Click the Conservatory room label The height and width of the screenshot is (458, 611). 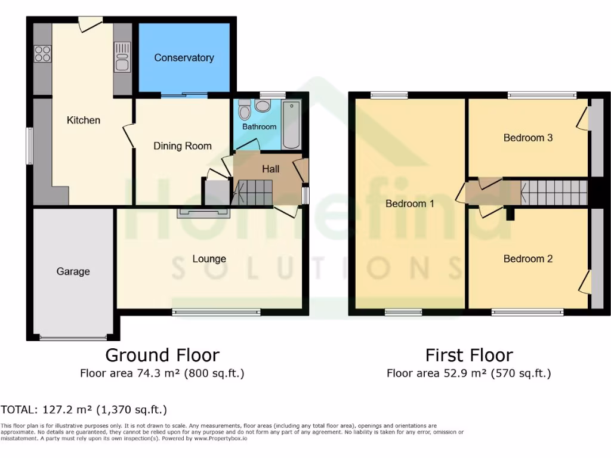(184, 58)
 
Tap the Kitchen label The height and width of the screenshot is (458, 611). (84, 120)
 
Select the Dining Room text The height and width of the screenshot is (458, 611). (183, 146)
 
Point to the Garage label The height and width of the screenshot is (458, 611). (73, 272)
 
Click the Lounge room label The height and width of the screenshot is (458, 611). (209, 259)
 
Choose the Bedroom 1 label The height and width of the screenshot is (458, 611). (409, 204)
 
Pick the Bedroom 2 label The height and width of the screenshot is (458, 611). (527, 259)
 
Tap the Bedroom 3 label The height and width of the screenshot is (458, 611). (527, 138)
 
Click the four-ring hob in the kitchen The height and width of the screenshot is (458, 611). (42, 54)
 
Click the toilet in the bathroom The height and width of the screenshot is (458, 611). (244, 111)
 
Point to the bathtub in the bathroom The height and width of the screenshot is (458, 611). (292, 124)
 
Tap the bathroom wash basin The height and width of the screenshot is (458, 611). (263, 106)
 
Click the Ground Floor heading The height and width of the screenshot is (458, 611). (162, 355)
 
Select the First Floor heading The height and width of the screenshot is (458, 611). (469, 356)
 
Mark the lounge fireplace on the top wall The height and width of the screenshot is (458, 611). (203, 212)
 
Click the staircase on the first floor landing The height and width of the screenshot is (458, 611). (555, 193)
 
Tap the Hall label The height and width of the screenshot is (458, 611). (271, 169)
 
